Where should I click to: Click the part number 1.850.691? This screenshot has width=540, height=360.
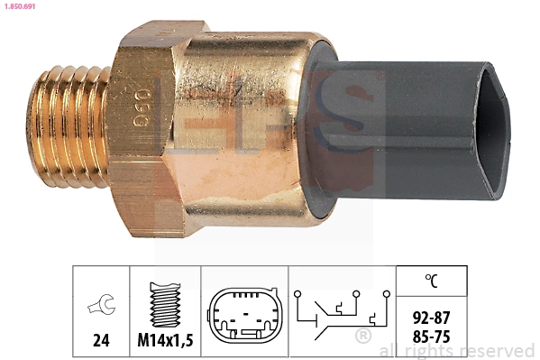pos(22,6)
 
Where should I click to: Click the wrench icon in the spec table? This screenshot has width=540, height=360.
pos(101,307)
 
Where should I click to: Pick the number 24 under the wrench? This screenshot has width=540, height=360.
pos(101,342)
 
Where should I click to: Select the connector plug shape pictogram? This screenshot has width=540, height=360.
pos(244,316)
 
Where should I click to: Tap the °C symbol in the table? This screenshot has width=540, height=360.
pos(432,281)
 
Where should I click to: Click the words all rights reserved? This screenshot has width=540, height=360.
pos(457,351)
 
